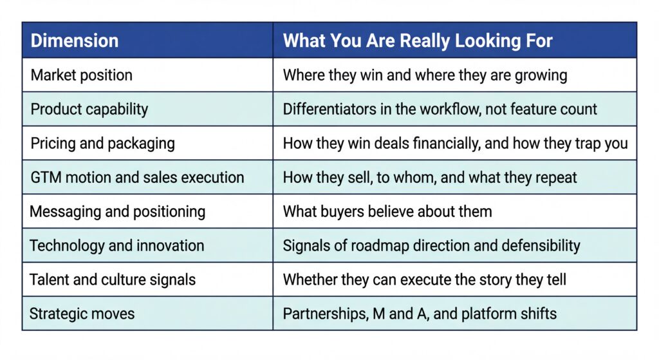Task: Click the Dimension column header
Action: point(75,41)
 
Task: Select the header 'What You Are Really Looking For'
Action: point(418,41)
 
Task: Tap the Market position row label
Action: point(82,75)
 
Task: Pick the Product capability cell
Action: point(89,109)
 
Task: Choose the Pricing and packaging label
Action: point(102,143)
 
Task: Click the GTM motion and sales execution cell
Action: point(137,177)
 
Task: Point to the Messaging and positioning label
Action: point(118,211)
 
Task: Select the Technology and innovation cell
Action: point(117,245)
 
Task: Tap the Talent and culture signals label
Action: point(113,279)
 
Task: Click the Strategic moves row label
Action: point(82,314)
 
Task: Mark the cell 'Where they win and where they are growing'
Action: point(425,75)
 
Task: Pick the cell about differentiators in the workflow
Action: point(440,109)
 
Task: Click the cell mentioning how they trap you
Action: point(455,143)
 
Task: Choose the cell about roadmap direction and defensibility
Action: point(431,245)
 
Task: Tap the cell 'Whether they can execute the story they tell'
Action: point(425,279)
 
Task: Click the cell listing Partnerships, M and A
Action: point(420,314)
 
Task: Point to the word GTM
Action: point(44,177)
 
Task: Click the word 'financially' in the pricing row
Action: point(449,143)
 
